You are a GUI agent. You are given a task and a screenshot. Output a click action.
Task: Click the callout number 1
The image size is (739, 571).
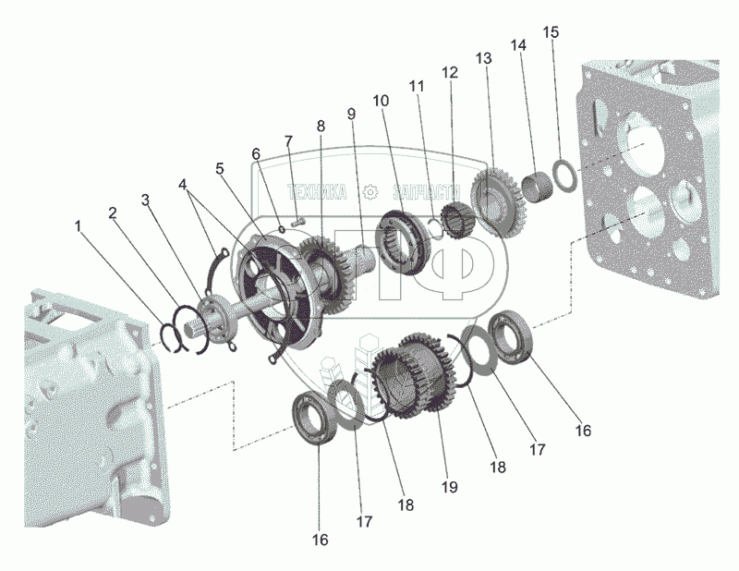pyautogui.click(x=79, y=226)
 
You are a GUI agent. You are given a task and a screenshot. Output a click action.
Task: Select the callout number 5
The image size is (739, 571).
pyautogui.click(x=220, y=169)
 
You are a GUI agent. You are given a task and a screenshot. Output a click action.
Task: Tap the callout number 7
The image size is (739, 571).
pyautogui.click(x=288, y=141)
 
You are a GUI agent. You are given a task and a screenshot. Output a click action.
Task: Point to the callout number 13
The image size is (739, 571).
pyautogui.click(x=483, y=58)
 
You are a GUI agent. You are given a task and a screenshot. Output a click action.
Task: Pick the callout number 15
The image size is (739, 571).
pyautogui.click(x=551, y=32)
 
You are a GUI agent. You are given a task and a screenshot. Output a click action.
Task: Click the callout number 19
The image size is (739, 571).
pyautogui.click(x=450, y=487)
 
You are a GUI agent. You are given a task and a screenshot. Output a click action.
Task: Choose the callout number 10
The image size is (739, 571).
pyautogui.click(x=382, y=101)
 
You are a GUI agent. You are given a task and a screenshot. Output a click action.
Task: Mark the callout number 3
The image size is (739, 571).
pyautogui.click(x=146, y=200)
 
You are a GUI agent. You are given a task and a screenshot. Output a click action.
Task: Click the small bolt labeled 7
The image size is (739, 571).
pyautogui.click(x=298, y=220)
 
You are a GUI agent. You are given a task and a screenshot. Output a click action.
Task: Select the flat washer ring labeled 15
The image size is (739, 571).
pyautogui.click(x=563, y=176)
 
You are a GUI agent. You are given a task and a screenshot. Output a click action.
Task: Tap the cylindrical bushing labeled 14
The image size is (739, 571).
pyautogui.click(x=538, y=188)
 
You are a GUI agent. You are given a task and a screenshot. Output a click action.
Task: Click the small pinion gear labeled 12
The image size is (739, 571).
pyautogui.click(x=454, y=219)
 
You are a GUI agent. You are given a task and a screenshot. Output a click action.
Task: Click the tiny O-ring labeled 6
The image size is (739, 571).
pyautogui.click(x=282, y=229)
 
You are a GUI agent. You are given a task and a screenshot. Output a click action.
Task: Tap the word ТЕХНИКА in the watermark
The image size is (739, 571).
pyautogui.click(x=317, y=192)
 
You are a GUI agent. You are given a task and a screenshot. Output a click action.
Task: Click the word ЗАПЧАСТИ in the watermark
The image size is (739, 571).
pyautogui.click(x=426, y=192)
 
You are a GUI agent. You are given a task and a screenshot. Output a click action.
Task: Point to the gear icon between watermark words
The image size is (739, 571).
pyautogui.click(x=370, y=192)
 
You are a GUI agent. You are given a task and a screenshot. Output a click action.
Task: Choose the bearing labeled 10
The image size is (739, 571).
pyautogui.click(x=400, y=243)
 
